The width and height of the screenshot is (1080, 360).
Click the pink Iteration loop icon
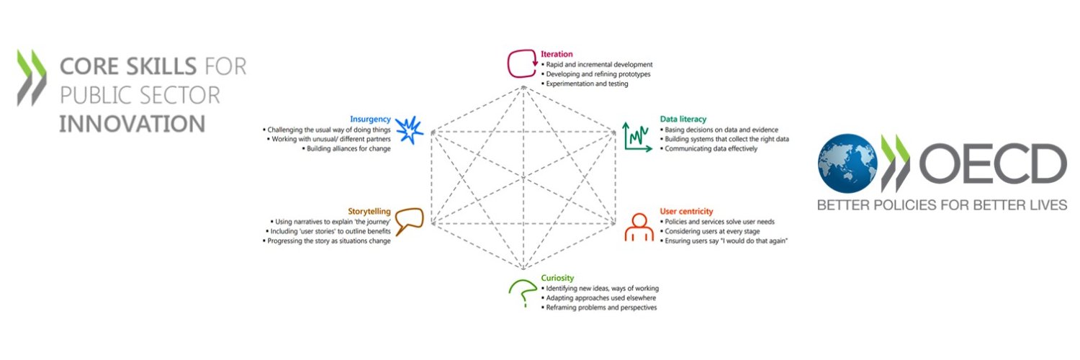pos(509,63)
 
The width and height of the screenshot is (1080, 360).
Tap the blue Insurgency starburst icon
pos(410,130)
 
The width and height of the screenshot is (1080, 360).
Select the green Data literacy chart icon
pos(637,137)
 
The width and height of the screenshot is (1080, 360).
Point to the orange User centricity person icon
pos(639,227)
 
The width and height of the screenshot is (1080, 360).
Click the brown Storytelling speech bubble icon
pos(409,218)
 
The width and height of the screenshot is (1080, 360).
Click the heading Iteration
pos(557,54)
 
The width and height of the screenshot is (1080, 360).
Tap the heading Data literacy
pos(683,119)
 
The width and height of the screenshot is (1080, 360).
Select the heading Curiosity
pos(557,278)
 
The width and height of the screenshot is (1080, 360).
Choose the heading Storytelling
pos(369,212)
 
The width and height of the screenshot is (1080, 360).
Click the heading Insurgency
pos(370,119)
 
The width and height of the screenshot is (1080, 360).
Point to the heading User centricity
pos(686,212)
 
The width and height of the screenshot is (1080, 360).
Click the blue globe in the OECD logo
pos(847,163)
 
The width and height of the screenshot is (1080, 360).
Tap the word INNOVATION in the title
pos(132,124)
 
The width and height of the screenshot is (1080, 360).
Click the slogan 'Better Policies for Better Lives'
pos(942,205)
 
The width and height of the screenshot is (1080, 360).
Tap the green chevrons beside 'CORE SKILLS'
pos(32,77)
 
